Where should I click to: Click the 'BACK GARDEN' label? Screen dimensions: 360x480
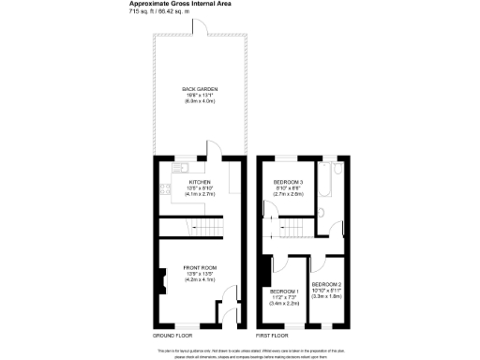200,88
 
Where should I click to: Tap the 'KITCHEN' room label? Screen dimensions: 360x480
200,182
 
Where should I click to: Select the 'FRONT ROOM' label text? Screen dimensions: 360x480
200,267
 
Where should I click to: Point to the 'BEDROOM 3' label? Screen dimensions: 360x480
287,182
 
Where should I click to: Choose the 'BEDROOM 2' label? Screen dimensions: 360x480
326,284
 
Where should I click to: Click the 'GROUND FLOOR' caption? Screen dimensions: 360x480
172,335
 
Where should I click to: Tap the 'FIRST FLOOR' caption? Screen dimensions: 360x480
273,335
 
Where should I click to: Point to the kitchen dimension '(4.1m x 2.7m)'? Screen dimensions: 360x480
200,194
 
